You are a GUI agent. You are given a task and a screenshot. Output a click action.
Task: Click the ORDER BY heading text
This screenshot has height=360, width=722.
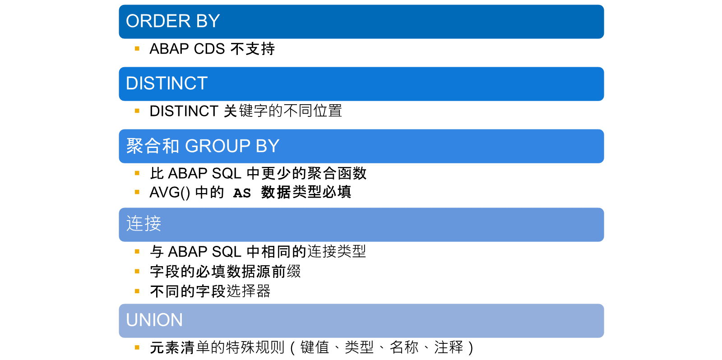(x=173, y=21)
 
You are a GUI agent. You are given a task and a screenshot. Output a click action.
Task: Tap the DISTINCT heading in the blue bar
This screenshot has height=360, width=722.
(x=167, y=83)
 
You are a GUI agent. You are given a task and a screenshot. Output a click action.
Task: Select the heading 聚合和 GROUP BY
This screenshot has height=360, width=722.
(x=203, y=146)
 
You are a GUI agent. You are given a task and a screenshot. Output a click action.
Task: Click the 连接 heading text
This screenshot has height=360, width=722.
(x=143, y=223)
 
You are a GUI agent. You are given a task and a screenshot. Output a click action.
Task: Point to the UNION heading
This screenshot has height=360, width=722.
(x=154, y=320)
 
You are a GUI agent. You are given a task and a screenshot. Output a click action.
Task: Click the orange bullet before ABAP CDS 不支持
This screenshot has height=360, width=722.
(x=137, y=49)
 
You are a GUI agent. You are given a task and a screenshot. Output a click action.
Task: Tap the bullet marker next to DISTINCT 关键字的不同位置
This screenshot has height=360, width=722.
(x=137, y=111)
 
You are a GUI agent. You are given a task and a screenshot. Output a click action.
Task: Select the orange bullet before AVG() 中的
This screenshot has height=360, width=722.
(x=137, y=192)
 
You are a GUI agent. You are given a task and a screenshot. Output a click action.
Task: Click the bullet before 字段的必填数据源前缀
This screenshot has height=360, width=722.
(x=137, y=272)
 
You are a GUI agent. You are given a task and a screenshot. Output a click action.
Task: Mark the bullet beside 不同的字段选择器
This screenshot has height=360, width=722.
(x=137, y=291)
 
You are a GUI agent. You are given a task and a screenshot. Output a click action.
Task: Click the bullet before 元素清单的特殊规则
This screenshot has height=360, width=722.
(x=137, y=347)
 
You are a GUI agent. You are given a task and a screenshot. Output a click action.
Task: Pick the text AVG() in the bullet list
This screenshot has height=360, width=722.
(x=170, y=193)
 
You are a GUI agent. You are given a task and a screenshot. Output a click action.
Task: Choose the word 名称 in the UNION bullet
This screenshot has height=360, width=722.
(x=404, y=347)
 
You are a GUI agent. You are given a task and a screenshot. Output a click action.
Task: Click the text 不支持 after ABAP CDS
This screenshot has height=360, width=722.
(x=253, y=49)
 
